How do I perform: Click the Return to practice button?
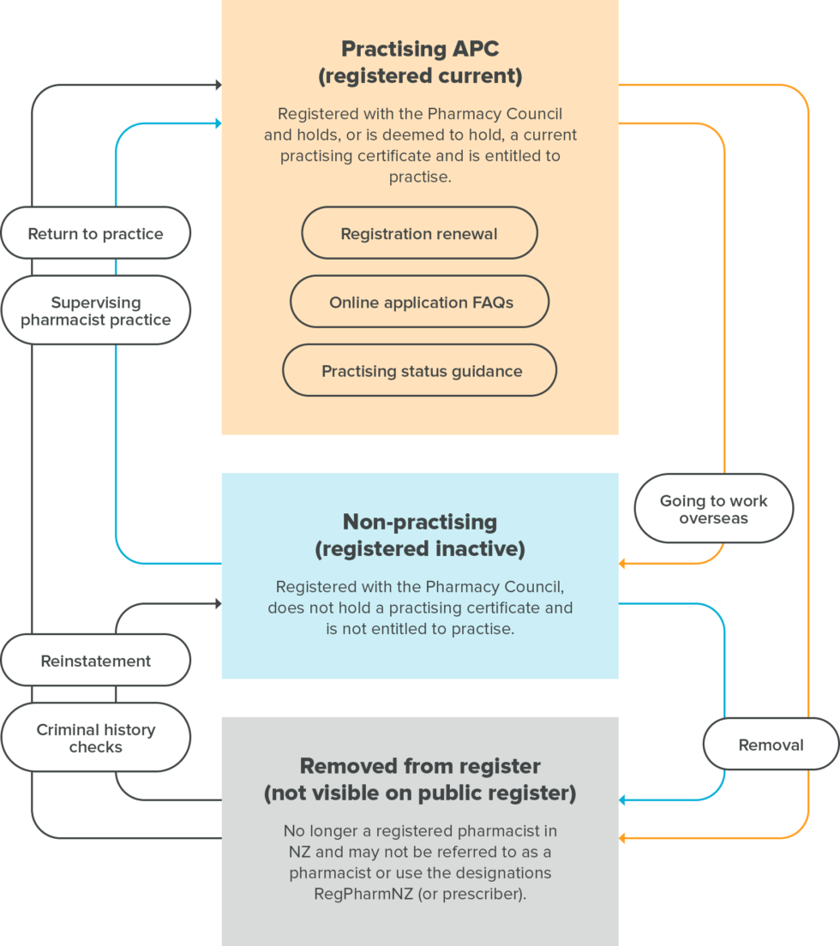point(95,233)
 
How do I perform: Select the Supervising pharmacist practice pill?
point(95,310)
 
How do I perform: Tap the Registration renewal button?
point(419,233)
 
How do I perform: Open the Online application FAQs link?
point(419,302)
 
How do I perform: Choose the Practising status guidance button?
point(419,370)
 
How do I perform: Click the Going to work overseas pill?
point(713,509)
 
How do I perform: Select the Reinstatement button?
point(95,660)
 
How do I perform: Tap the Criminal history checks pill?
point(95,738)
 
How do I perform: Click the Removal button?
point(771,745)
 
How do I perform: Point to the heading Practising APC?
point(420,49)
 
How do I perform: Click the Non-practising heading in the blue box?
point(420,521)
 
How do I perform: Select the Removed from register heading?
point(420,765)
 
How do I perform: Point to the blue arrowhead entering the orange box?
point(218,124)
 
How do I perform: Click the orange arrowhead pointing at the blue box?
point(623,564)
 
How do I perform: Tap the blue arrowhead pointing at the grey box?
point(623,800)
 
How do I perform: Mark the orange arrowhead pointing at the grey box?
point(623,838)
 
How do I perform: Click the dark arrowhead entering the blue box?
point(218,604)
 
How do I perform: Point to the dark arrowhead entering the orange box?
point(218,85)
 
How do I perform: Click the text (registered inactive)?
point(420,549)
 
